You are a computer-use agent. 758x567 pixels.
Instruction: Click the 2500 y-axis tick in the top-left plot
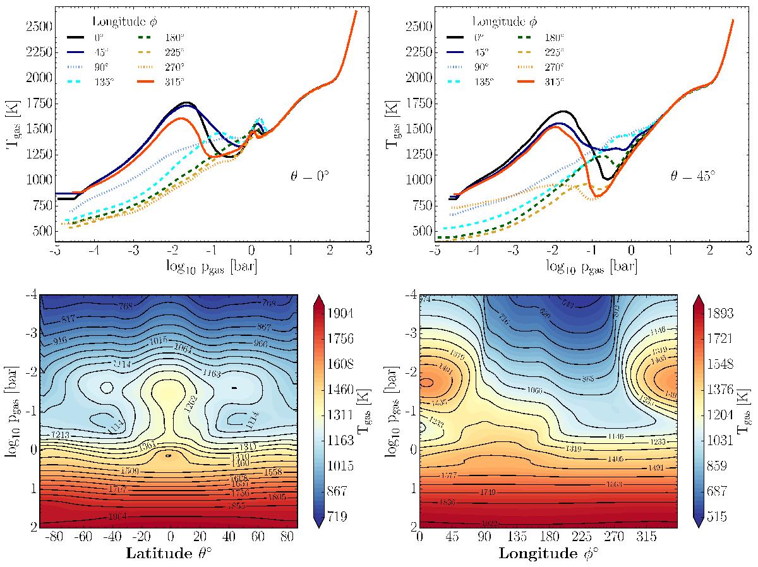click(x=37, y=27)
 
